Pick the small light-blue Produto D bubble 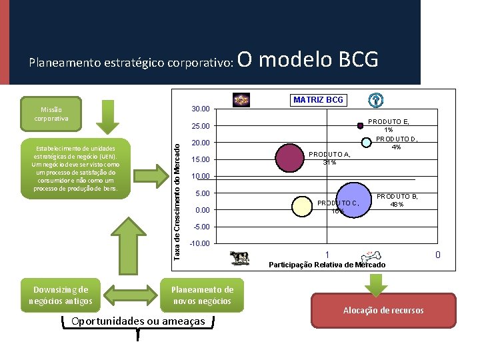pos(365,141)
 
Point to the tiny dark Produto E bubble pos(360,125)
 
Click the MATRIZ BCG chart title pos(318,100)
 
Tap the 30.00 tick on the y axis pos(200,109)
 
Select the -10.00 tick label pos(200,243)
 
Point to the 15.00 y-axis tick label pos(200,159)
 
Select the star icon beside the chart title pos(241,100)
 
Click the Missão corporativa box pos(51,114)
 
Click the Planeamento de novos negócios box pos(202,295)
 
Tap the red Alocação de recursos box pos(383,311)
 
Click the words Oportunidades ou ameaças pos(137,321)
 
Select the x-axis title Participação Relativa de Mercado pos(327,265)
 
